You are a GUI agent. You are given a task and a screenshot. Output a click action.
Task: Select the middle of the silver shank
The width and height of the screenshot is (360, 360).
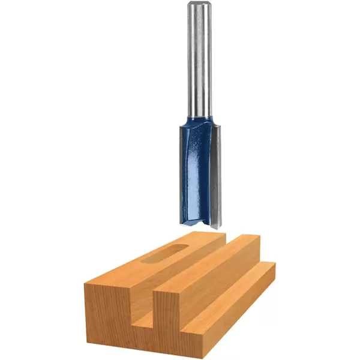199,60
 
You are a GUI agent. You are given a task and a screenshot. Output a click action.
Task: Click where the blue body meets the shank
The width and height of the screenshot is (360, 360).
199,118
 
